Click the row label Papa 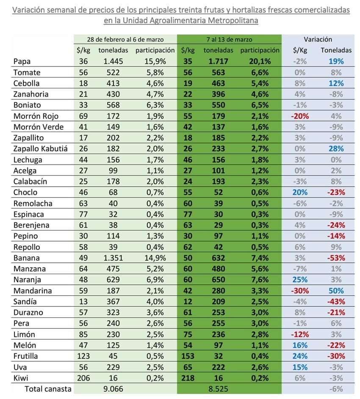[21, 61]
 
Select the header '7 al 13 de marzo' [229, 39]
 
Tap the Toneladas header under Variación [336, 50]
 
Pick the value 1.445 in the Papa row [113, 61]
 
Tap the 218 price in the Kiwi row [188, 377]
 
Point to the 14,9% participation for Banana [154, 258]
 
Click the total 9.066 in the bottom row [113, 388]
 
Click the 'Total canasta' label [48, 388]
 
